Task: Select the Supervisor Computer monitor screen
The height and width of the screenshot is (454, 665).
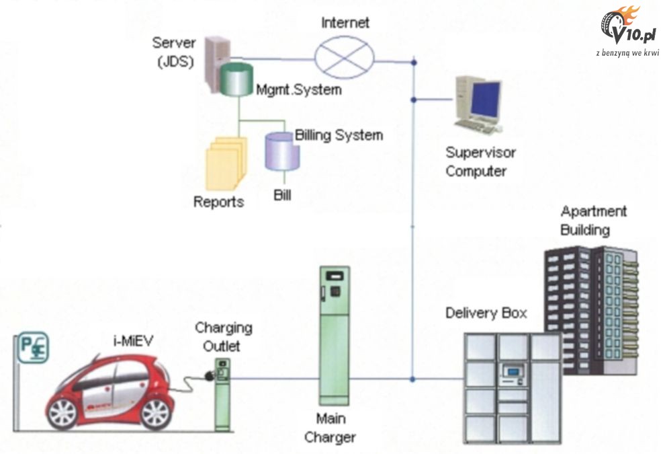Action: (x=485, y=100)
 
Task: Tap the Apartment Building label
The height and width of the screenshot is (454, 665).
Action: (x=585, y=220)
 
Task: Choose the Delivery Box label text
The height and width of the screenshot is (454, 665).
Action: (x=486, y=313)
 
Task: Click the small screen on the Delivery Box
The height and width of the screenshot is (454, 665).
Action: (x=513, y=371)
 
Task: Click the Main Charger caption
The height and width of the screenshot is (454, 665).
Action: (x=330, y=428)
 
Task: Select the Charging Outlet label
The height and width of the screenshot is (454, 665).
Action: (x=224, y=337)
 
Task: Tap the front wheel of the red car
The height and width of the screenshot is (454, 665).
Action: (x=154, y=412)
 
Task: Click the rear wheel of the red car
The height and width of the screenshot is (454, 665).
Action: (x=66, y=411)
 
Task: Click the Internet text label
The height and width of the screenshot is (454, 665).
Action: (x=345, y=23)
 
